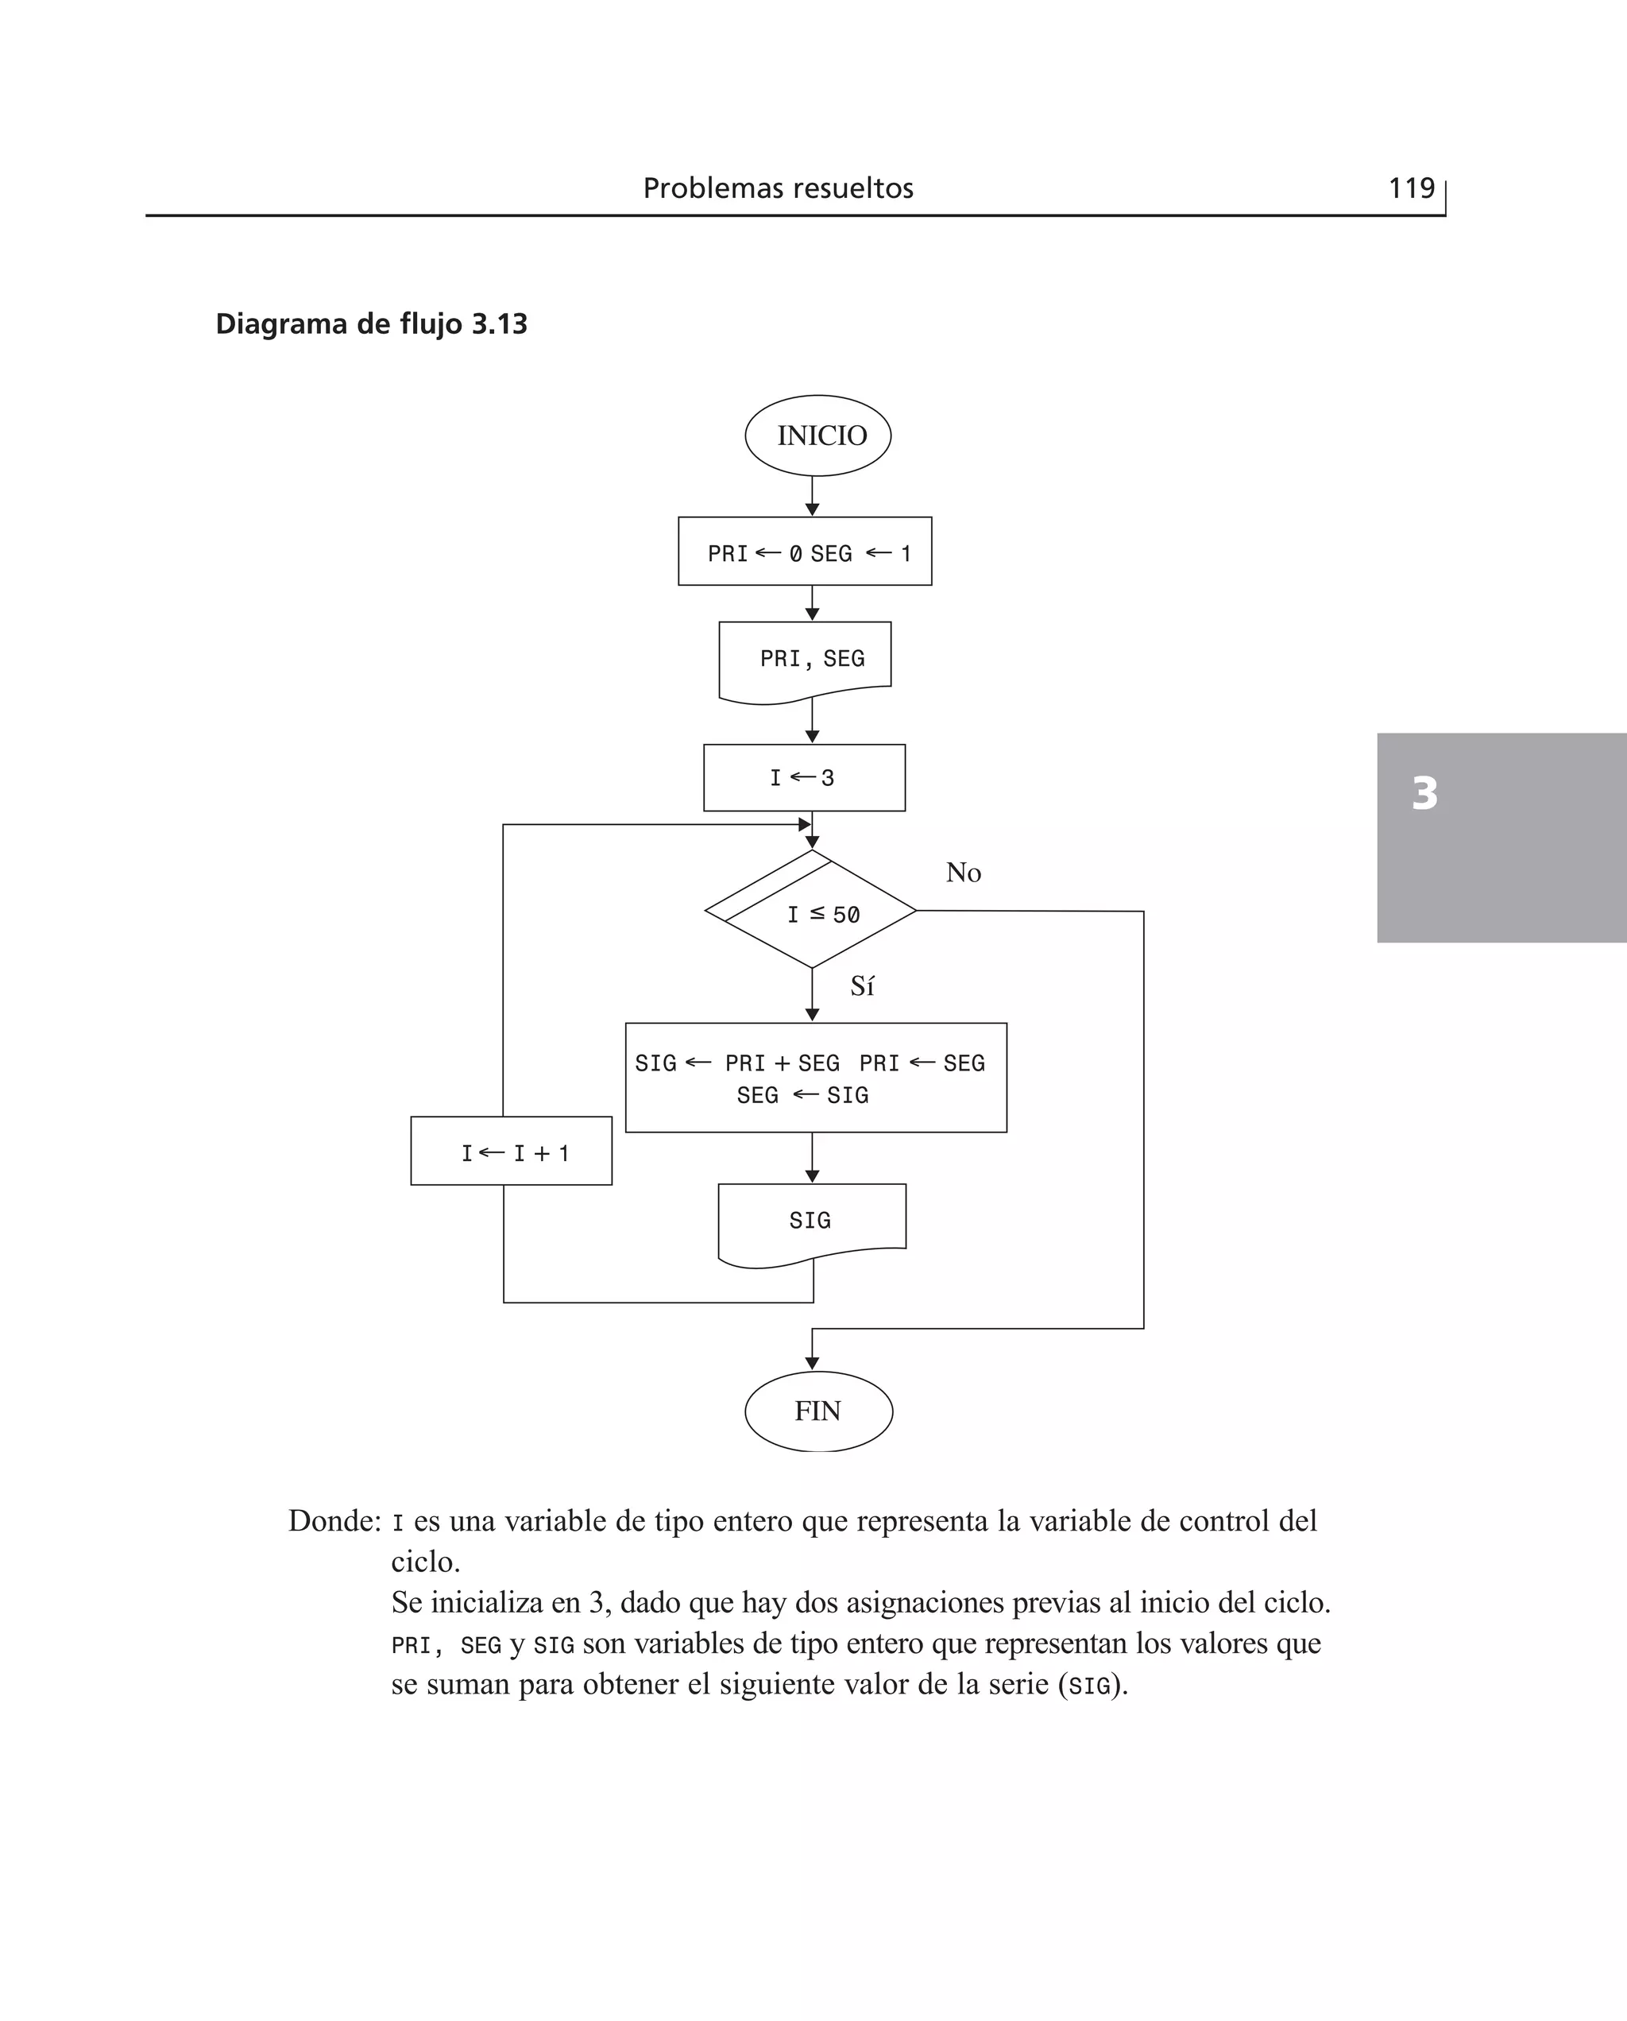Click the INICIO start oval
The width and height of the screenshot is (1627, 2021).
click(817, 436)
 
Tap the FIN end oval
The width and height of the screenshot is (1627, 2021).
click(818, 1411)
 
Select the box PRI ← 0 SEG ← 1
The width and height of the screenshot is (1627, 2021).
click(805, 552)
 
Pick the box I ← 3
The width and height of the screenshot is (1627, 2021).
click(804, 778)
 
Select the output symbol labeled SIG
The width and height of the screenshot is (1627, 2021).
click(812, 1221)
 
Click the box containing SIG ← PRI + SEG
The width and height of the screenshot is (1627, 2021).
click(815, 1078)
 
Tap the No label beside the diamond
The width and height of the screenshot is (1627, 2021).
click(964, 873)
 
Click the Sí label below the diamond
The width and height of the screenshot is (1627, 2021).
click(862, 986)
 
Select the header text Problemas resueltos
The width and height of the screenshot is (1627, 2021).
click(778, 188)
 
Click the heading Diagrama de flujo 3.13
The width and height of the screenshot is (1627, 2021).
click(371, 324)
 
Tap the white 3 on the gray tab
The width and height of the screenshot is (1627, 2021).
click(1424, 793)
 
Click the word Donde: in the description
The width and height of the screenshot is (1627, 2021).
click(334, 1521)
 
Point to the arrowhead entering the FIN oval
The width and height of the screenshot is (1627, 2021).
click(813, 1363)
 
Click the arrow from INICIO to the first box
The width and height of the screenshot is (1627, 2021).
click(813, 496)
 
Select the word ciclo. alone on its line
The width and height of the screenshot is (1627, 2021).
click(426, 1562)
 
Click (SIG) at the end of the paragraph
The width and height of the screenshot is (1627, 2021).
click(1091, 1686)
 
